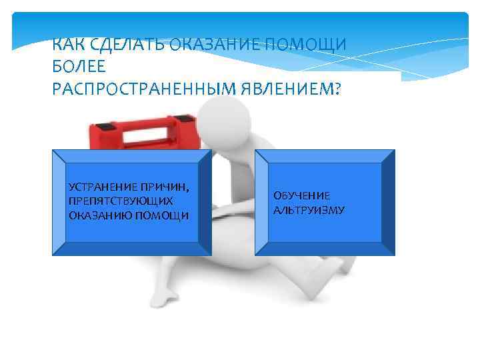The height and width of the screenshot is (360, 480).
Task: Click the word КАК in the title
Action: point(67,46)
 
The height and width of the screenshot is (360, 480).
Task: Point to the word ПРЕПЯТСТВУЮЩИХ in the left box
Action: point(121,201)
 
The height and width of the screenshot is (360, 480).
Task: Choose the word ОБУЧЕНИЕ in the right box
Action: point(301,195)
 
